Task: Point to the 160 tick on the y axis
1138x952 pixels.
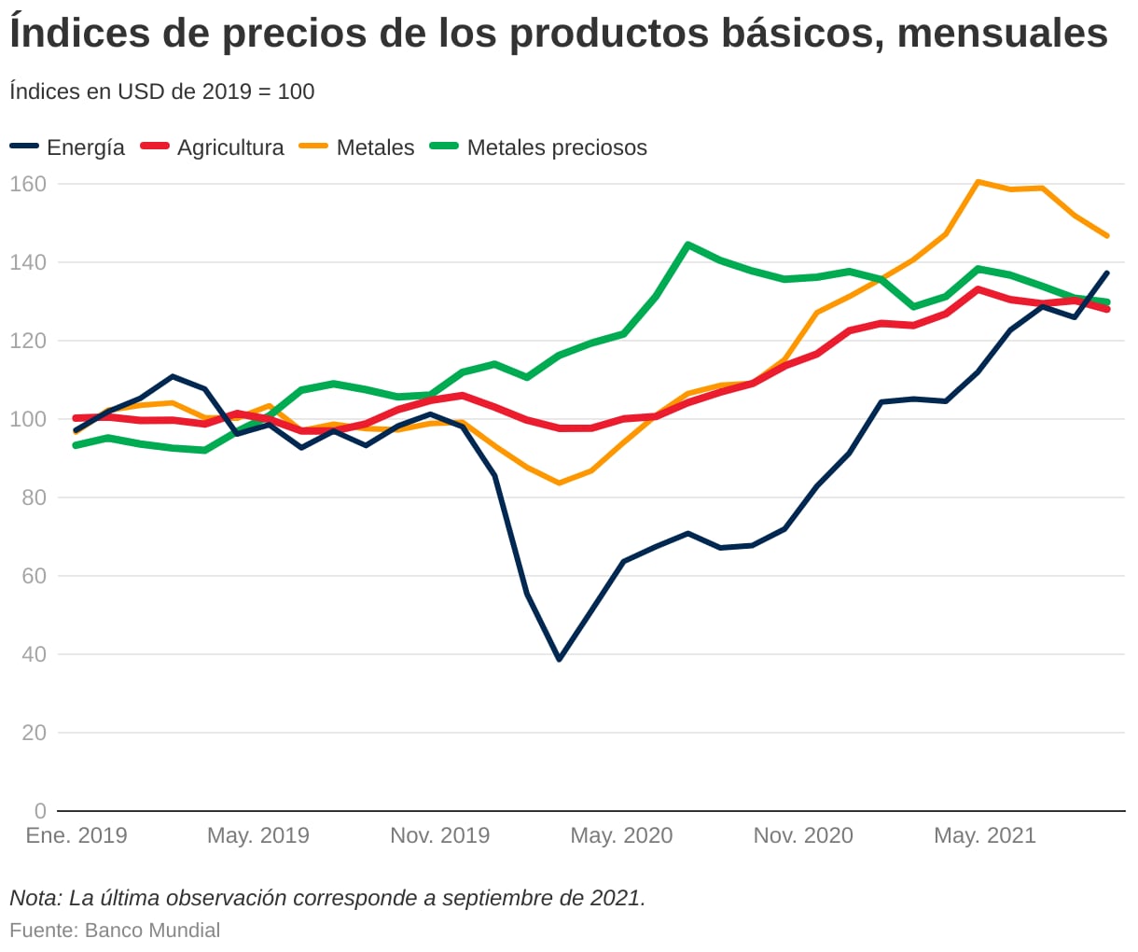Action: (28, 184)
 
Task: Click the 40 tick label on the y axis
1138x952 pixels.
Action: (34, 654)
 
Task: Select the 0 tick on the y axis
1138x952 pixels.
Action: (40, 811)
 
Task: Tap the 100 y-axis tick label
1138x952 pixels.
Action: (28, 419)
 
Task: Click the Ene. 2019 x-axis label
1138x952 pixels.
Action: (76, 835)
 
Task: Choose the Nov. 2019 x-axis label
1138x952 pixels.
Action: (439, 835)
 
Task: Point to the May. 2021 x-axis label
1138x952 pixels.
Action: (985, 835)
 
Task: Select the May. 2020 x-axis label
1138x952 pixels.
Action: (621, 835)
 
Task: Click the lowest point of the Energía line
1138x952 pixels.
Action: (559, 659)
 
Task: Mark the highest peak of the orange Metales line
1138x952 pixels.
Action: (978, 182)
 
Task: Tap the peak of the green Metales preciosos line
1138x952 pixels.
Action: (687, 245)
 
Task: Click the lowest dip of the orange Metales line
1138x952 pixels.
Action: (559, 483)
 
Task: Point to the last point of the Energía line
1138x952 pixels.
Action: (1107, 273)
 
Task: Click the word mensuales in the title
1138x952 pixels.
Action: (1003, 34)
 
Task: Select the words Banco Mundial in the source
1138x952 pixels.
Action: (152, 931)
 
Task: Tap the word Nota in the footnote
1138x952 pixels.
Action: (35, 899)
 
